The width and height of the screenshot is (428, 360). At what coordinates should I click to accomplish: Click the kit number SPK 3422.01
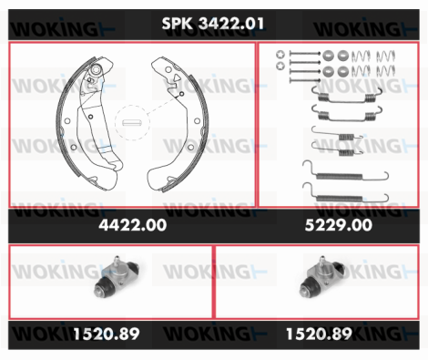(x=213, y=24)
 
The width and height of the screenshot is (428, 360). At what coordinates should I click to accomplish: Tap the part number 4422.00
(x=133, y=225)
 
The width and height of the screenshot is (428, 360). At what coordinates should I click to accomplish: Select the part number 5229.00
(x=339, y=225)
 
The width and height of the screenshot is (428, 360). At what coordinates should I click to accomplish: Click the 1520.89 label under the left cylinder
(x=107, y=334)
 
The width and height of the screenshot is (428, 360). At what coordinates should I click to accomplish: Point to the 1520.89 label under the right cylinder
(x=320, y=334)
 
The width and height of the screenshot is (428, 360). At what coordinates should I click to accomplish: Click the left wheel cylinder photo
(x=117, y=277)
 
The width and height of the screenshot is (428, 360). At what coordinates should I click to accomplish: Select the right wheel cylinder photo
(x=321, y=277)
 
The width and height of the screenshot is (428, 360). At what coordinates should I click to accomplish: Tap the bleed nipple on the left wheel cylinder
(x=116, y=262)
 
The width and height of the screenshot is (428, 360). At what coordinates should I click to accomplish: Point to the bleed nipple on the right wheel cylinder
(x=321, y=262)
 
